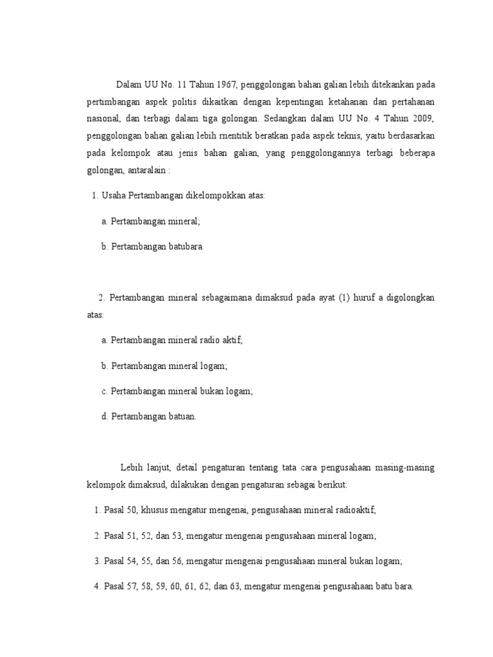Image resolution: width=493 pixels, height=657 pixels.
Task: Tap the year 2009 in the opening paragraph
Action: (422, 119)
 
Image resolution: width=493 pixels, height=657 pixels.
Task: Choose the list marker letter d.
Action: (104, 416)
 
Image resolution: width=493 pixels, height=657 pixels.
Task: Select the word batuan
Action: (181, 416)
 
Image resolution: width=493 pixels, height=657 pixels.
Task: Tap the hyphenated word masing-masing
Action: (401, 468)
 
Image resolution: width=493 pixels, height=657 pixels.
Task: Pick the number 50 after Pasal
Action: (132, 510)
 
